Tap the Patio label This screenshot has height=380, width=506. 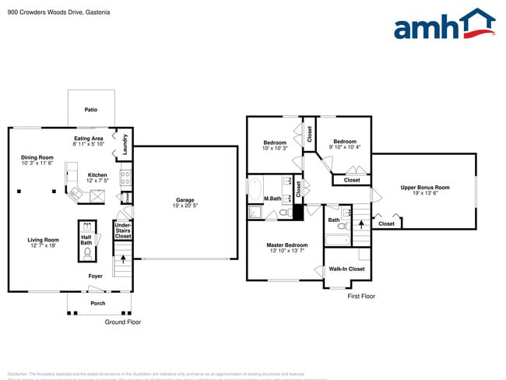point(91,110)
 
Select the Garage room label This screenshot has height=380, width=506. point(184,201)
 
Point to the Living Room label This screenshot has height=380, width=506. point(44,240)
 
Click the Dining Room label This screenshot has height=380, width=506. point(37,158)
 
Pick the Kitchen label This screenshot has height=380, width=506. point(97,174)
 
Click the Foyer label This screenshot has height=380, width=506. point(95,276)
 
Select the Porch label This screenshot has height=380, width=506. point(97,303)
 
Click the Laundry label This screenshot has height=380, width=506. point(125,144)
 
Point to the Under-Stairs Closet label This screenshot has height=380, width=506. point(123,230)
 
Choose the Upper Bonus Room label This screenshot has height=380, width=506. point(425,187)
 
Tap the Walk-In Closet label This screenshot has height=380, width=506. point(346,269)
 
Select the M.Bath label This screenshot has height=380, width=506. point(272,198)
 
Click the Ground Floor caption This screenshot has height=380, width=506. point(123,322)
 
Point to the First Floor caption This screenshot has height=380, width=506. point(361,296)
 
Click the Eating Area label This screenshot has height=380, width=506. point(89,139)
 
